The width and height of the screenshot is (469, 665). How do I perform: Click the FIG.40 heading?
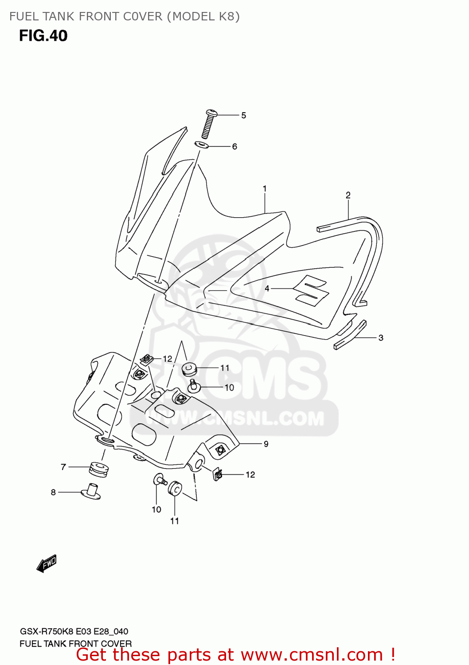pyautogui.click(x=43, y=36)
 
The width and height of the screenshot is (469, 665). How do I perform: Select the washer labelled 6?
pyautogui.click(x=202, y=145)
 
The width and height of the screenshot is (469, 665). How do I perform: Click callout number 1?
pyautogui.click(x=265, y=189)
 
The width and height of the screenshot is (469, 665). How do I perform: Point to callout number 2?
pyautogui.click(x=348, y=195)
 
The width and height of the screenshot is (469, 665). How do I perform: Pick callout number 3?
pyautogui.click(x=381, y=338)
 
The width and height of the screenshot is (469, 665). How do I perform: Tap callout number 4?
pyautogui.click(x=267, y=289)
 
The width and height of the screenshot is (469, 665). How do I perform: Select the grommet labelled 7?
pyautogui.click(x=99, y=469)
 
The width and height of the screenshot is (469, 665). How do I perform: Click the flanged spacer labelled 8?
pyautogui.click(x=91, y=491)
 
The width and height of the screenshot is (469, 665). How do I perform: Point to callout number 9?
pyautogui.click(x=266, y=444)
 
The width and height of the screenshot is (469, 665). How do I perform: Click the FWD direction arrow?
pyautogui.click(x=47, y=564)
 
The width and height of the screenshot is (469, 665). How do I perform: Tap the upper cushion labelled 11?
pyautogui.click(x=189, y=368)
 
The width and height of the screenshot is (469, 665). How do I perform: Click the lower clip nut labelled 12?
pyautogui.click(x=218, y=475)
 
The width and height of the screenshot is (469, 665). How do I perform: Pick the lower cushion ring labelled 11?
pyautogui.click(x=175, y=489)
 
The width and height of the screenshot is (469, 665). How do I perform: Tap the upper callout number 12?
pyautogui.click(x=167, y=359)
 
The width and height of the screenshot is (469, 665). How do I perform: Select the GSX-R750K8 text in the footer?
pyautogui.click(x=47, y=631)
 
